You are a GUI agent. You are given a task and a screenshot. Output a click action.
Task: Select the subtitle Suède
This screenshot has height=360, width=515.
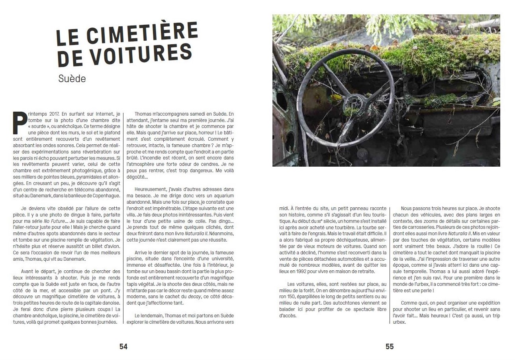point(72,78)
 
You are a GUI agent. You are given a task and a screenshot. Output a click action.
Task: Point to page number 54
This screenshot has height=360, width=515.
point(123,346)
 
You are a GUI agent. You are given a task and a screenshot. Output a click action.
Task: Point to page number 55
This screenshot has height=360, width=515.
point(390,346)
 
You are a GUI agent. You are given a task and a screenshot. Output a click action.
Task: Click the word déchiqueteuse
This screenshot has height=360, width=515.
point(350,240)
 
